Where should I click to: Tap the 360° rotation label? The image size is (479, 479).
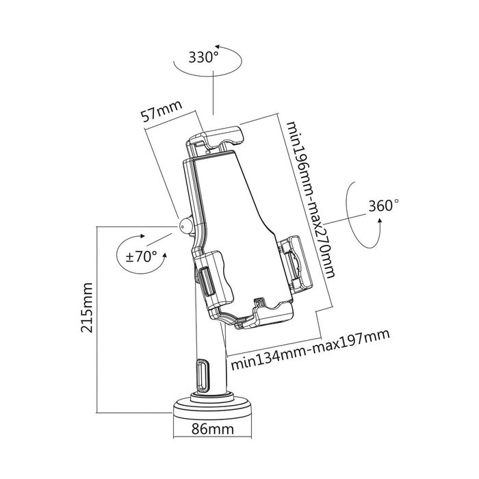[383, 205]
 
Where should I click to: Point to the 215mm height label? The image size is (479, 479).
[87, 307]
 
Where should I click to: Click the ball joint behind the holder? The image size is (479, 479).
[185, 225]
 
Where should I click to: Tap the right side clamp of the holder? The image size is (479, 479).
[295, 261]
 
